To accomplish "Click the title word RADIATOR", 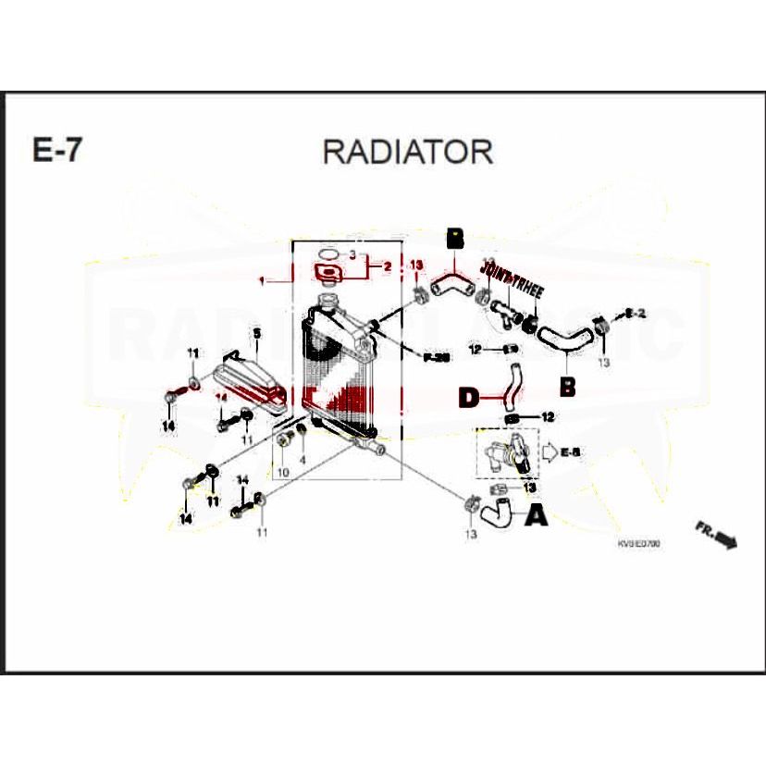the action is click(407, 151).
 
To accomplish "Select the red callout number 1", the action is click(262, 278).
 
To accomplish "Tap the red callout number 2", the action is click(387, 266).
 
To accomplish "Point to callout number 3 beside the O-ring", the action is click(352, 253).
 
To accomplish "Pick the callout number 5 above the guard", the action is click(257, 332).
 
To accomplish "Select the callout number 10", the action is click(282, 473).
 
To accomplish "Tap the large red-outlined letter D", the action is click(470, 398).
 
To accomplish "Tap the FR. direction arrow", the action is click(716, 535).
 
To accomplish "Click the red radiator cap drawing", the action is click(326, 273).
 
